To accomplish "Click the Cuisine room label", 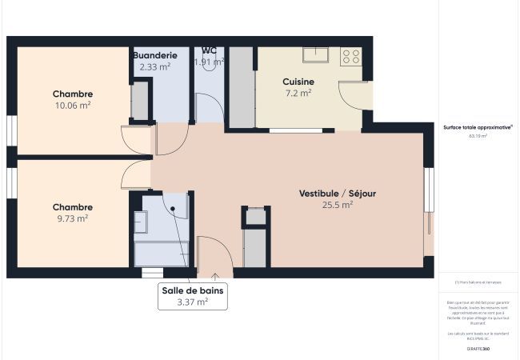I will click(298, 82).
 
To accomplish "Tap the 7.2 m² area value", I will click(298, 93).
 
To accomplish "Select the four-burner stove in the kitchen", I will click(350, 56).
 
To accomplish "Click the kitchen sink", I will click(316, 55).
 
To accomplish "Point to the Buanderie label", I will click(154, 55).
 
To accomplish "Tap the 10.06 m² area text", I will click(72, 105).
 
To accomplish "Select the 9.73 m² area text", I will click(72, 218).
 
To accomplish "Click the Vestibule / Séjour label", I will click(337, 194).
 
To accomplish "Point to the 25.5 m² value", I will click(337, 205).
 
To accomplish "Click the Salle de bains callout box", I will click(191, 296).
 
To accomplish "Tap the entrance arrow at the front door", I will click(214, 276).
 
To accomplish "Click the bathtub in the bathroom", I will click(161, 254).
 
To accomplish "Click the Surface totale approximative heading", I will click(478, 126).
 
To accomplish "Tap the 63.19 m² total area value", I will click(478, 136).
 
